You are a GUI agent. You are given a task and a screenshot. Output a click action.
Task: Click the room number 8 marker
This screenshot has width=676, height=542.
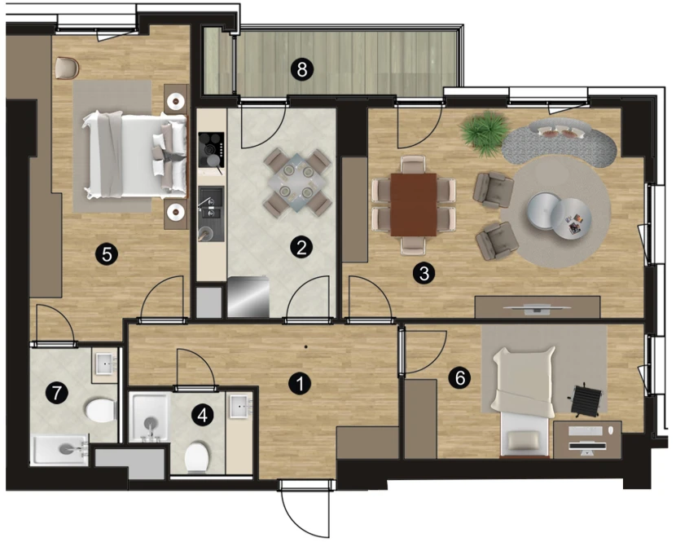click(302, 69)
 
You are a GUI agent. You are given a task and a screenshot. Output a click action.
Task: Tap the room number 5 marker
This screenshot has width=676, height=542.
click(107, 254)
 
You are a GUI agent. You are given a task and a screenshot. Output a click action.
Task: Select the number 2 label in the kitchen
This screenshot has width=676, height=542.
click(301, 247)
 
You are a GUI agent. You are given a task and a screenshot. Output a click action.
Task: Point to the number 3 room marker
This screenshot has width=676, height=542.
click(424, 273)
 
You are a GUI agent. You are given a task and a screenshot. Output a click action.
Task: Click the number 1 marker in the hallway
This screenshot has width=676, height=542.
click(300, 384)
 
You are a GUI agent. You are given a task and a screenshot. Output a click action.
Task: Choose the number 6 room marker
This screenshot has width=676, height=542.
click(459, 378)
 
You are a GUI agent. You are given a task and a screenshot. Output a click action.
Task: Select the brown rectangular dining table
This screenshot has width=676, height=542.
click(414, 205)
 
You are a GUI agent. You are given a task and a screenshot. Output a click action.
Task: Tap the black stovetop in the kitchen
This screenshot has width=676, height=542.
click(211, 150)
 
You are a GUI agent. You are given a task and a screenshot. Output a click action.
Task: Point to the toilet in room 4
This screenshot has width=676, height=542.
click(197, 457)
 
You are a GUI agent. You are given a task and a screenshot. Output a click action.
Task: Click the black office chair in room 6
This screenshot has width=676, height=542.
click(586, 400)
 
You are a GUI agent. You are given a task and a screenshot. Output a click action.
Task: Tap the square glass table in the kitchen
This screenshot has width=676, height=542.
click(297, 183)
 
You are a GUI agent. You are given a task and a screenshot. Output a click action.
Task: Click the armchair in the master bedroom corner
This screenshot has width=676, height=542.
click(68, 69)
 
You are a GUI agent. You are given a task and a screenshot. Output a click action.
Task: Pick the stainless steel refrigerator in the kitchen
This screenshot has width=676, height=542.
click(248, 297)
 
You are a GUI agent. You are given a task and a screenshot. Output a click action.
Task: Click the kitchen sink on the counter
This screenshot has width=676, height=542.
click(211, 214)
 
